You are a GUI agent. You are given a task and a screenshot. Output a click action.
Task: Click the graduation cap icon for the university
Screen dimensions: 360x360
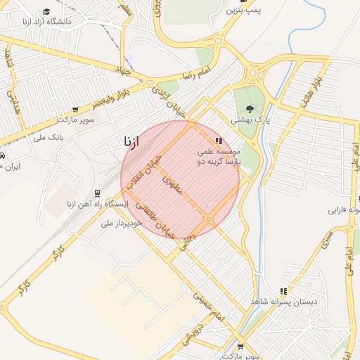coord(46,11)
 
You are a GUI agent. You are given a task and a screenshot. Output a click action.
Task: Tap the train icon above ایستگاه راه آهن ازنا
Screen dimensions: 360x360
coord(97,193)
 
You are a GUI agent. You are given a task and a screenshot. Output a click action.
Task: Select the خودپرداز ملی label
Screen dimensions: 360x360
coord(122,223)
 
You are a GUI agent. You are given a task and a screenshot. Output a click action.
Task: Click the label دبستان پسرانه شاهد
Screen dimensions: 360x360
coord(283,302)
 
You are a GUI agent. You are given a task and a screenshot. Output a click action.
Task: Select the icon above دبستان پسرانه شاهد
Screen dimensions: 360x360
coord(283,290)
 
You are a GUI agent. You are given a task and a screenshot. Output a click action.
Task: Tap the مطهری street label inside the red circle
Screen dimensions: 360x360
coord(173,185)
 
